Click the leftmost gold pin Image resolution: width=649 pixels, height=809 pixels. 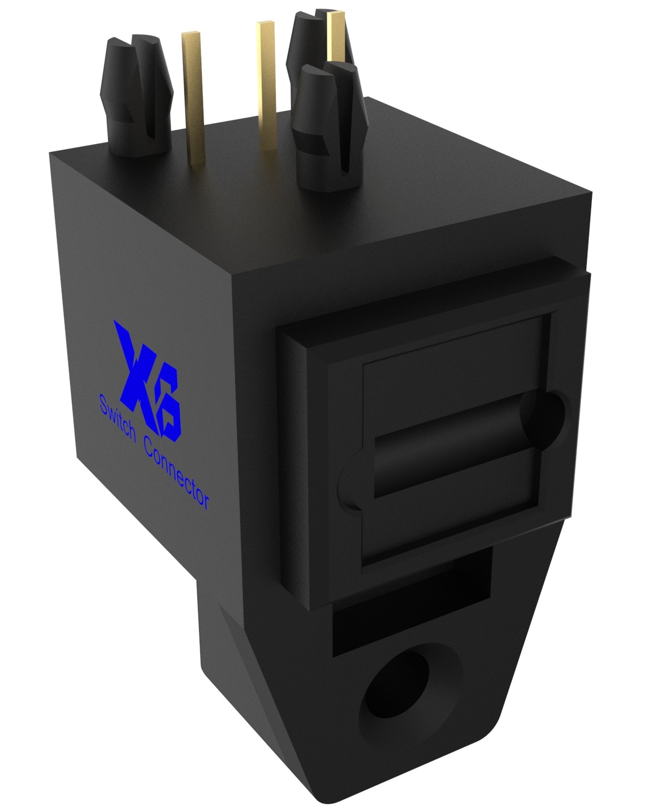click(x=192, y=96)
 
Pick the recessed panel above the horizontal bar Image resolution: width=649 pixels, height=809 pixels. click(x=452, y=384)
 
